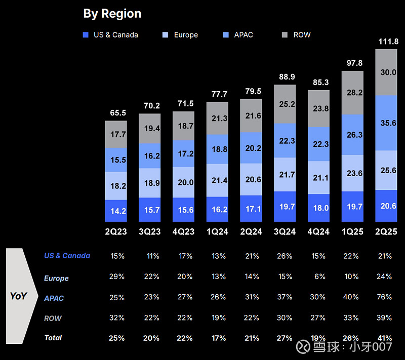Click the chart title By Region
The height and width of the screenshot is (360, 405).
pyautogui.click(x=112, y=14)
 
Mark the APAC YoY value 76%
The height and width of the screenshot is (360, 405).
pyautogui.click(x=385, y=297)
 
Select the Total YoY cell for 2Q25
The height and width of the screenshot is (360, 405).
pyautogui.click(x=385, y=338)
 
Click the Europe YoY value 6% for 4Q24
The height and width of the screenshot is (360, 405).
pyautogui.click(x=318, y=276)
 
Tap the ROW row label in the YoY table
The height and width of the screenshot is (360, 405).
pyautogui.click(x=53, y=318)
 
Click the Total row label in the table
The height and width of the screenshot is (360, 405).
pyautogui.click(x=53, y=338)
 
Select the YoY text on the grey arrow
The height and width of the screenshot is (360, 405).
pyautogui.click(x=18, y=296)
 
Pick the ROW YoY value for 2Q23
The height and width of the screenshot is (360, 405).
pyautogui.click(x=117, y=318)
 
